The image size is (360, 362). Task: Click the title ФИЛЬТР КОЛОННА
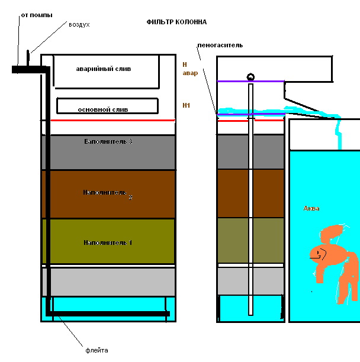point(176,22)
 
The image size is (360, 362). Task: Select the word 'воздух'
point(79,25)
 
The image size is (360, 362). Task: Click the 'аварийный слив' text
point(104,69)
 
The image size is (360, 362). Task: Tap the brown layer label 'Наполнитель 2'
point(107,193)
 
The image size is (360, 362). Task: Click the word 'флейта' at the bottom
point(97,350)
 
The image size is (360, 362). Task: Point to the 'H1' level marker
point(186,105)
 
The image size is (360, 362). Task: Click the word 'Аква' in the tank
point(311,208)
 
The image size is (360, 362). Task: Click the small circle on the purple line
point(250,76)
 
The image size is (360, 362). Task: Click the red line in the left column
point(112,120)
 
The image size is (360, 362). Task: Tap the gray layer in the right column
point(234,151)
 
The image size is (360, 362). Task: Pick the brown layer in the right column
point(234,193)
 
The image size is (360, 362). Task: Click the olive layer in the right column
point(234,240)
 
